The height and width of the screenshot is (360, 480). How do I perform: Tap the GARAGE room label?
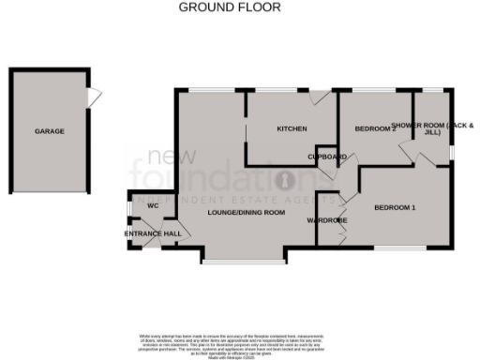(50, 131)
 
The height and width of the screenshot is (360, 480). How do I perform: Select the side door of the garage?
(92, 97)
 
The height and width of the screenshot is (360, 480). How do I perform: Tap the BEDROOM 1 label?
(395, 206)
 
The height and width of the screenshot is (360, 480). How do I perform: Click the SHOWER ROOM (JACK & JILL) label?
(432, 128)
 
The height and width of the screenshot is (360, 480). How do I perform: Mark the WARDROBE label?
(327, 221)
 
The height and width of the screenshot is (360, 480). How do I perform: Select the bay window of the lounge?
(235, 257)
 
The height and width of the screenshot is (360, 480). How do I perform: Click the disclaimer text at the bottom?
(240, 341)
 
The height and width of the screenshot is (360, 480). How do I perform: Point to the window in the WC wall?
(129, 206)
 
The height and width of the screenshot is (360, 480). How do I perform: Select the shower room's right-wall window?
(453, 150)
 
